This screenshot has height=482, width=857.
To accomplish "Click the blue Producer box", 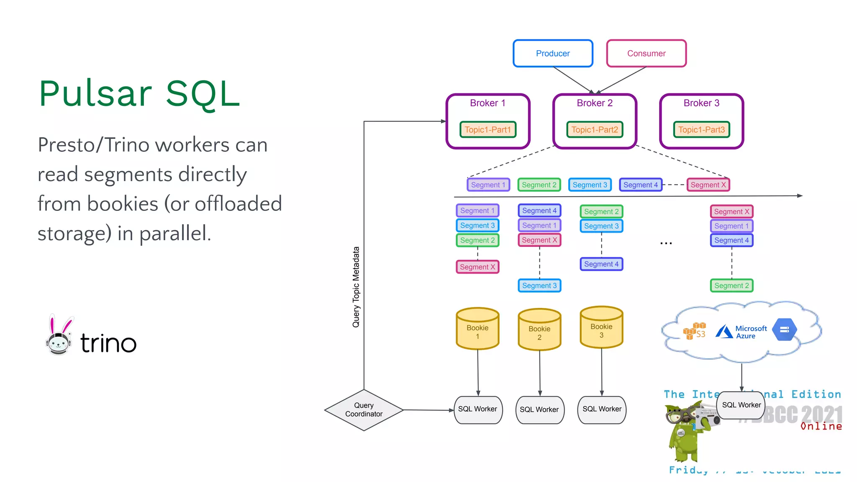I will tap(553, 54).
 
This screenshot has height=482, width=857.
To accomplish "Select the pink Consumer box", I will tap(646, 54).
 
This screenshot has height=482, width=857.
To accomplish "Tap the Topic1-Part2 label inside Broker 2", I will tap(595, 130).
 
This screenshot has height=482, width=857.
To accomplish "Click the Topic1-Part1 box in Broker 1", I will tap(488, 130).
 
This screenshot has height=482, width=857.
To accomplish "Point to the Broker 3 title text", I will tap(701, 103).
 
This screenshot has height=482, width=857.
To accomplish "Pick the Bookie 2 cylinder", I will tap(539, 330).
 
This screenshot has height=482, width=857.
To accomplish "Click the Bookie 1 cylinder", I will tap(477, 329).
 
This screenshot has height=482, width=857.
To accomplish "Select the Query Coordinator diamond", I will tap(364, 410).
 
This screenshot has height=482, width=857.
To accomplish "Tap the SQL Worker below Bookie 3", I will tap(602, 409).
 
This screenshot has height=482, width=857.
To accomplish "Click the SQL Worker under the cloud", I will tap(741, 405).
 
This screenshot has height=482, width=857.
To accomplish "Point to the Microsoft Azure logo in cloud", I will tap(741, 332).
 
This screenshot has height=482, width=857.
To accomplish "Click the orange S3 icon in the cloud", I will tap(695, 331).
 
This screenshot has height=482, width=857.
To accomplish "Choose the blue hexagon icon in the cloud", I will tap(785, 330).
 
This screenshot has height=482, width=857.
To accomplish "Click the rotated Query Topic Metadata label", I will tap(356, 287).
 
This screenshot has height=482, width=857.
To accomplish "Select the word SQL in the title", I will tap(203, 94).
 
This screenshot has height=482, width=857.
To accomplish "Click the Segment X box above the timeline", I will tap(708, 185).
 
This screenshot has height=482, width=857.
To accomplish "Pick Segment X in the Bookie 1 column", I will tap(477, 267).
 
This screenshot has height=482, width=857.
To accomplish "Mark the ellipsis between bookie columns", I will tap(666, 243).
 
